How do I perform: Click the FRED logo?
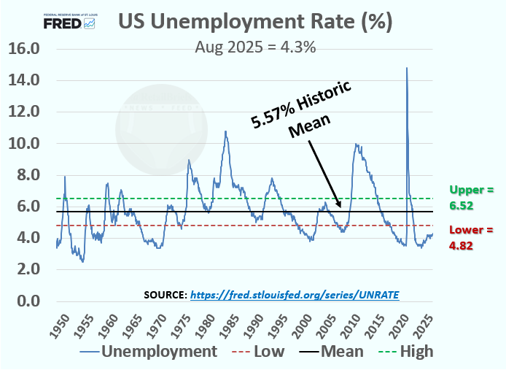pyautogui.click(x=69, y=22)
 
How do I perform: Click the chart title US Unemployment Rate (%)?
pyautogui.click(x=256, y=22)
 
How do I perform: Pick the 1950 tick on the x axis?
pyautogui.click(x=62, y=322)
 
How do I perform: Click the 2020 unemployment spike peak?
pyautogui.click(x=406, y=68)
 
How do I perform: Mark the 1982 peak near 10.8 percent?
pyautogui.click(x=225, y=131)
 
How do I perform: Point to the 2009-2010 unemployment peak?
pyautogui.click(x=356, y=144)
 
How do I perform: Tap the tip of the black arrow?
pyautogui.click(x=340, y=209)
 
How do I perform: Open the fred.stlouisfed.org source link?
pyautogui.click(x=295, y=294)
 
